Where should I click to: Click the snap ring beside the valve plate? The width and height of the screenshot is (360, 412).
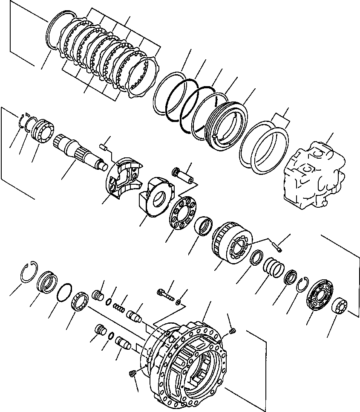pos(303,286)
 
